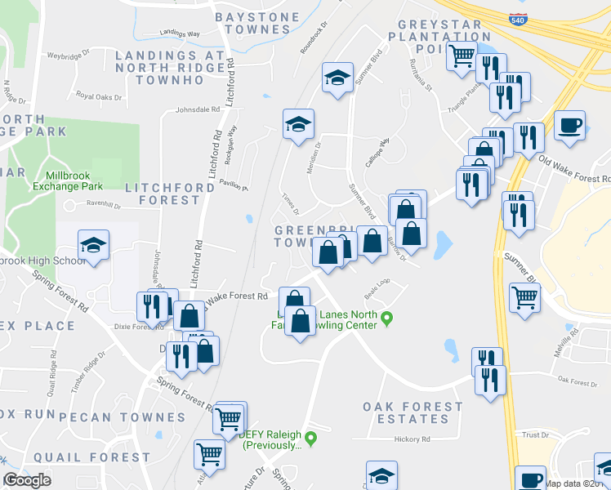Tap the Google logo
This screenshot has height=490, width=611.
click(27, 480)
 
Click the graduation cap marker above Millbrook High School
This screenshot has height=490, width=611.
click(94, 247)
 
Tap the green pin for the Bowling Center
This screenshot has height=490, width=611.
click(388, 317)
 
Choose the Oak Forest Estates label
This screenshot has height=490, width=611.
click(413, 412)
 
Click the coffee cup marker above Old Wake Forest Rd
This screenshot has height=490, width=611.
click(569, 128)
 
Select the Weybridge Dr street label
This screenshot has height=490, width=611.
click(68, 57)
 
